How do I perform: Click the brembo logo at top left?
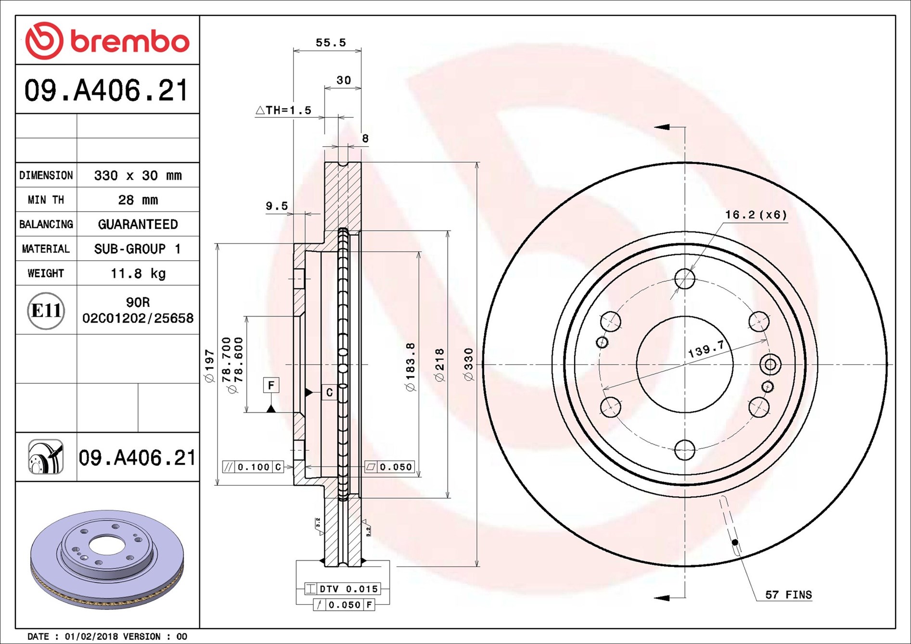coord(107,40)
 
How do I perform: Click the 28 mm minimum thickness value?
coord(138,200)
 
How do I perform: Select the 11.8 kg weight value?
coord(138,273)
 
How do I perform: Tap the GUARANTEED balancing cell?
coord(138,224)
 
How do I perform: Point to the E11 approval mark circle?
coord(46,310)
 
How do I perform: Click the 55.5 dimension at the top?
coord(331,43)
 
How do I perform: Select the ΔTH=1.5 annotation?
coord(283,110)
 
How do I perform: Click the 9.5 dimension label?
coord(277,206)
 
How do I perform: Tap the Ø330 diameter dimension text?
coord(468,365)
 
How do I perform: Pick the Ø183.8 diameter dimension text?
coord(411,366)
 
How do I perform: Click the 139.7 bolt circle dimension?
coord(706,348)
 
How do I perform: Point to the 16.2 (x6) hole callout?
coord(756,215)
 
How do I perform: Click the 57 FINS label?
coord(788,595)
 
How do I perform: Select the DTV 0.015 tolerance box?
coord(343,589)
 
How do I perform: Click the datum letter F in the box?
coord(271,385)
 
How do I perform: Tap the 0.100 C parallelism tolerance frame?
coord(253,467)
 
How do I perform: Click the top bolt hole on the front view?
coord(684,278)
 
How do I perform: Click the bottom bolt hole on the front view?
coord(684,450)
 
